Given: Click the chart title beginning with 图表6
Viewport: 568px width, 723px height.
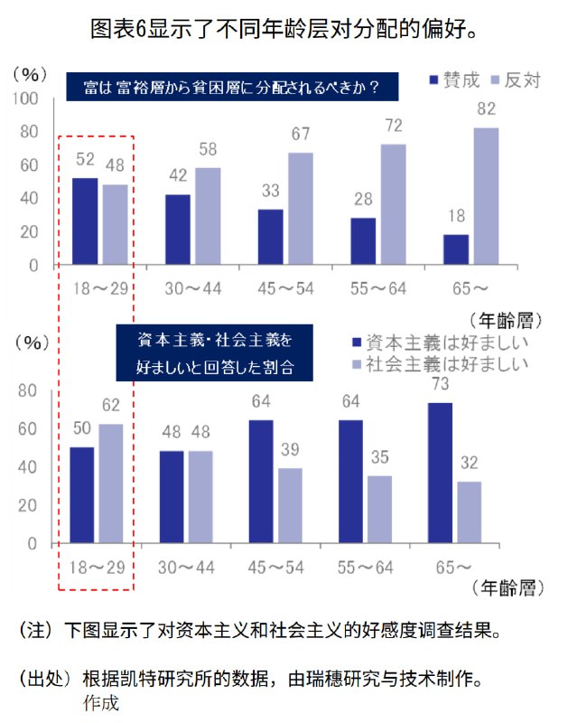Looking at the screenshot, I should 284,29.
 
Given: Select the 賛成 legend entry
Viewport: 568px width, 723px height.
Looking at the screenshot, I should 447,80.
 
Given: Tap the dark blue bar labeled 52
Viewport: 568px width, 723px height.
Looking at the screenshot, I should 85,221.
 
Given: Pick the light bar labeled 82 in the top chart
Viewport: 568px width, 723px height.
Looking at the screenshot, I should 486,196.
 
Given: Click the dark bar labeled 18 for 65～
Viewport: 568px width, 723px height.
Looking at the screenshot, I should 456,249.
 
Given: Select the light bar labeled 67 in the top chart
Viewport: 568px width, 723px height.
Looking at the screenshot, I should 301,209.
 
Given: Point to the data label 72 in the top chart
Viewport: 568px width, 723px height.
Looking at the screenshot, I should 393,125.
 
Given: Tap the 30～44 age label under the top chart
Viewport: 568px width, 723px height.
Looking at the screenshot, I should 193,287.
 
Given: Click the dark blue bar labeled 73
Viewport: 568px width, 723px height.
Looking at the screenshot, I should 441,473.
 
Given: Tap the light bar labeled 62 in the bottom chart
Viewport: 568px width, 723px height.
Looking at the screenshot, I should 112,484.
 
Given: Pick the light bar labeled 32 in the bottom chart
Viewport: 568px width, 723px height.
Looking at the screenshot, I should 469,512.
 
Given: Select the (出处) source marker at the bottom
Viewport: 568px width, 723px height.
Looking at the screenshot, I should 45,677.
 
